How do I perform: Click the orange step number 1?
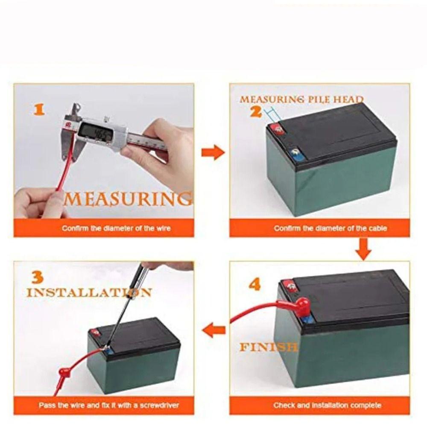(39, 110)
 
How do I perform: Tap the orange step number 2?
(256, 111)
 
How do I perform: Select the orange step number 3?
(37, 277)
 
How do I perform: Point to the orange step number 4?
(255, 284)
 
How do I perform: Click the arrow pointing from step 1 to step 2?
(213, 152)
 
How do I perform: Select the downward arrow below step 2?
(363, 249)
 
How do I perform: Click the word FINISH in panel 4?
(268, 347)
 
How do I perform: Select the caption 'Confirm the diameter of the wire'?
(116, 228)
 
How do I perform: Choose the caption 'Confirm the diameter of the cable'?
(330, 228)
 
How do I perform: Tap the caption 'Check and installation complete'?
(327, 405)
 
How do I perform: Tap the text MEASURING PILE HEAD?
(302, 99)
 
